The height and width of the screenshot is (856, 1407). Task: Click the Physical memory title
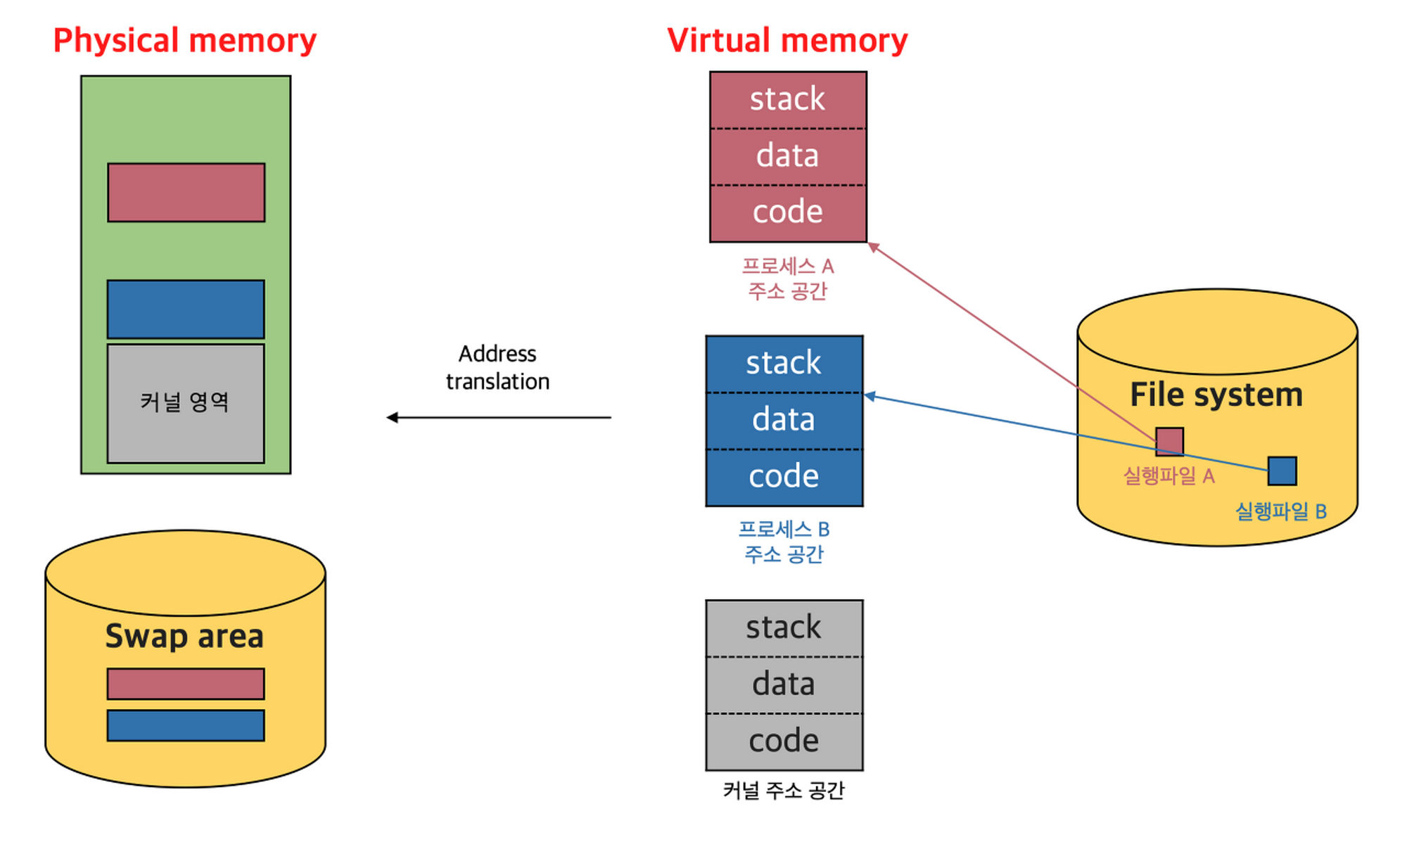pos(185,41)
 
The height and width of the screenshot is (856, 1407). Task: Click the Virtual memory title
pos(787,41)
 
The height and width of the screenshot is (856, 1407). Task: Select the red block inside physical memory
pos(186,193)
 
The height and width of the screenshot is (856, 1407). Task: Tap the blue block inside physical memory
pos(186,309)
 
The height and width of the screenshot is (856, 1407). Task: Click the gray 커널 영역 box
pos(186,403)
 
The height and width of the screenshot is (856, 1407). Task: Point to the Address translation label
pos(497,367)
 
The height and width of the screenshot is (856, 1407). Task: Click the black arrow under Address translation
pos(499,418)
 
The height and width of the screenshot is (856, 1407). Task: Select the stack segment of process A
pos(788,100)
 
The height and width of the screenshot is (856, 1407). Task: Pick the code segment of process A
pos(788,214)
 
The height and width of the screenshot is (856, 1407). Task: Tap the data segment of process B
pos(784,421)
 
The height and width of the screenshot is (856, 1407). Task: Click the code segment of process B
pos(784,478)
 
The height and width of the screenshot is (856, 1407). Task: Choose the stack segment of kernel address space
pos(784,628)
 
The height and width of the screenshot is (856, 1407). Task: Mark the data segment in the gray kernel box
pos(784,685)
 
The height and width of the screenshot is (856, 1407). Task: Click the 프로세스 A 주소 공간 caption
pos(788,279)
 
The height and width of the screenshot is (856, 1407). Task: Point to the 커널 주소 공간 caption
pos(784,791)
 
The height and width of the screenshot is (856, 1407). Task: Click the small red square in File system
pos(1170,442)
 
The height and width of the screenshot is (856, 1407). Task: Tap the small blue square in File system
pos(1282,471)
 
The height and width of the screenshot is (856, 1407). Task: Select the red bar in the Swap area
pos(186,684)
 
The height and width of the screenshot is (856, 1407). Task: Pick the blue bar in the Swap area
pos(186,725)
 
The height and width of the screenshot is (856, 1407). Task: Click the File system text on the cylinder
pos(1216,395)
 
